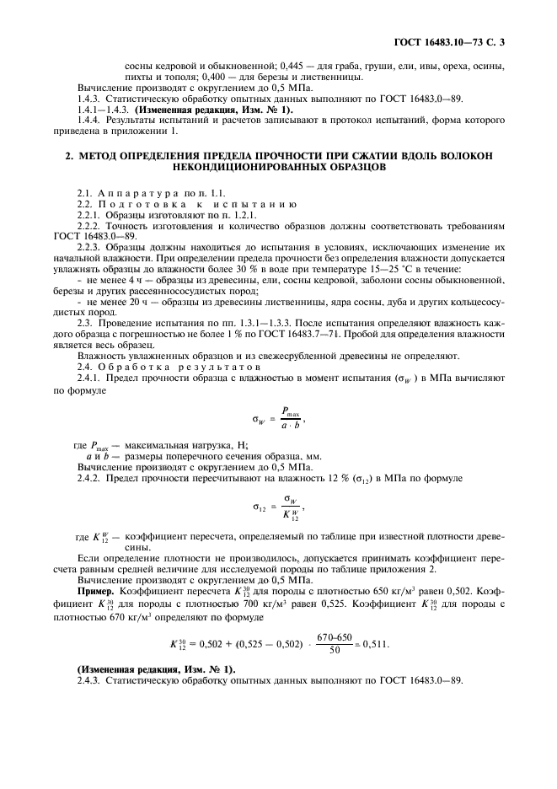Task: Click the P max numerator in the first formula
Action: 291,413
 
